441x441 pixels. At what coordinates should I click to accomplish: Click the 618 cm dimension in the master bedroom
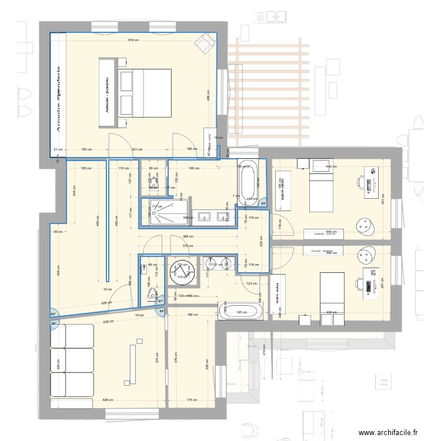coord(133,40)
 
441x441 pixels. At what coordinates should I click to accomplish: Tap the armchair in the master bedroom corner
coord(205,43)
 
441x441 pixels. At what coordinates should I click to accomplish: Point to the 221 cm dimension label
coord(136,150)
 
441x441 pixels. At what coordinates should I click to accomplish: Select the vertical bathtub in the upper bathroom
coord(247,182)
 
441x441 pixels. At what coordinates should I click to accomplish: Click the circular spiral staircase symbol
coord(181,272)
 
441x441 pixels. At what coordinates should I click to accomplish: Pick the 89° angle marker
coord(264,204)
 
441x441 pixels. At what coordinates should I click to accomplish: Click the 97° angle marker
coord(160,301)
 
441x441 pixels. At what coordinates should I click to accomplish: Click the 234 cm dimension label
coord(261,240)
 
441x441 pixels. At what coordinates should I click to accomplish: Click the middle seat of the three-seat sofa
coord(72,360)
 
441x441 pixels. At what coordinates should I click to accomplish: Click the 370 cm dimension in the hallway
coord(187,246)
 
